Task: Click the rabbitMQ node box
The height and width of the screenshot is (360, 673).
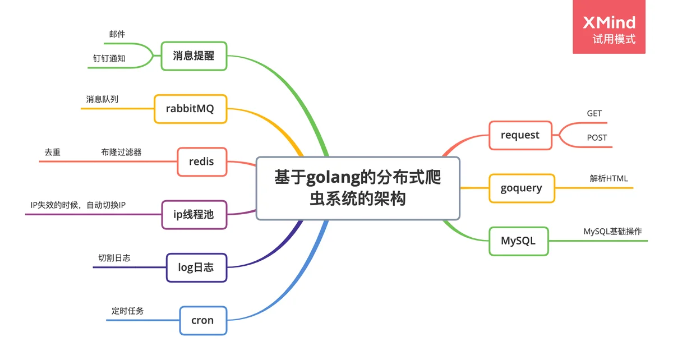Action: [x=191, y=109]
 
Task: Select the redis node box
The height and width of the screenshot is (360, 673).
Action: [x=202, y=161]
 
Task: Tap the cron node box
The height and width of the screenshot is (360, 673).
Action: [x=203, y=320]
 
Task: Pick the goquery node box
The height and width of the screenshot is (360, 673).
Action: [x=522, y=188]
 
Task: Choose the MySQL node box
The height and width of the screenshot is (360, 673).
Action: [x=519, y=241]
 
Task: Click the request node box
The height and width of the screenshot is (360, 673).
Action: [x=520, y=135]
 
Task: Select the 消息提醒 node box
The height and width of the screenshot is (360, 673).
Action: [x=194, y=56]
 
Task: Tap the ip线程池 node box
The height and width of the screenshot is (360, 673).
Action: [x=194, y=215]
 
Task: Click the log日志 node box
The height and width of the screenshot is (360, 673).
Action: [x=196, y=267]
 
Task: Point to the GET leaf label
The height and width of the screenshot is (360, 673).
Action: [x=594, y=113]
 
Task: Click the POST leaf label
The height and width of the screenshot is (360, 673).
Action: [x=597, y=137]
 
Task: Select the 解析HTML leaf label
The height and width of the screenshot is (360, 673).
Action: [x=609, y=178]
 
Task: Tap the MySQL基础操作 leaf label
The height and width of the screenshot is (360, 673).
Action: [x=612, y=232]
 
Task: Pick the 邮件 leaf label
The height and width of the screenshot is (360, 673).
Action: [x=117, y=34]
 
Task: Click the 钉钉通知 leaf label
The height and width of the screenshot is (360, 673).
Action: [x=109, y=58]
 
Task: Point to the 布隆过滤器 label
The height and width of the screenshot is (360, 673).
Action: [x=121, y=152]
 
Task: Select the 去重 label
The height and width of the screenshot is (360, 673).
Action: [x=53, y=152]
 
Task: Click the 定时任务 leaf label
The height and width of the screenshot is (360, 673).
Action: [x=128, y=311]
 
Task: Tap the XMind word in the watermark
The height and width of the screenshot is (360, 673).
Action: [x=609, y=22]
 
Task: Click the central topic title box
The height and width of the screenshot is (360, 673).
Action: [x=358, y=188]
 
